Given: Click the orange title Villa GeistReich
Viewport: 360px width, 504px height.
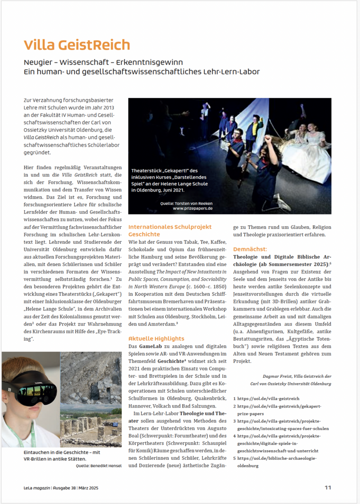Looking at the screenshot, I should pos(77,45).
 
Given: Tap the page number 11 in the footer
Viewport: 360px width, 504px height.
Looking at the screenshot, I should pos(327,487).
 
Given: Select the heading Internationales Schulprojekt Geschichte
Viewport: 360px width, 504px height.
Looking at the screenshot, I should pos(169,230).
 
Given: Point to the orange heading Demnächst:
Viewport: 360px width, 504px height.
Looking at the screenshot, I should pos(250,250).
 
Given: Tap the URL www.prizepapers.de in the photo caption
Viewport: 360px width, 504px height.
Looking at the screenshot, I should pos(192,208).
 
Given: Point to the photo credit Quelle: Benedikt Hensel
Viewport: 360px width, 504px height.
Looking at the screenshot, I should pos(99,465).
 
